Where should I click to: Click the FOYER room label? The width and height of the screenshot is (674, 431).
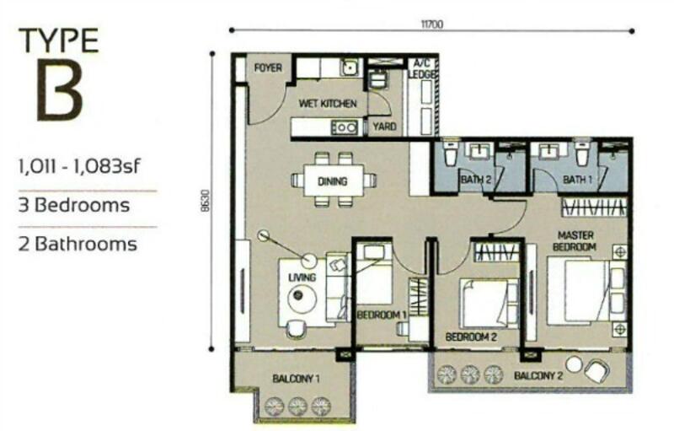pos(268,68)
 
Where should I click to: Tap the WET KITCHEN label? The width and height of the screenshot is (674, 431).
pos(328,104)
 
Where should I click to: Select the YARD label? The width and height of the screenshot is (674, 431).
pos(384,127)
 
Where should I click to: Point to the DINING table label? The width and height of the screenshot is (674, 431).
pos(332,181)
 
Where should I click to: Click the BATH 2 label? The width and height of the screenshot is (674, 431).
pos(475,180)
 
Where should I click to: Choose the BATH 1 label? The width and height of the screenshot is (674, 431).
pos(577,180)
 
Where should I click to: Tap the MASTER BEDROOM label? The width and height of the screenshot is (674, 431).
pos(575,241)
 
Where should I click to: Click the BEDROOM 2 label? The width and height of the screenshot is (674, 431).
pos(471,337)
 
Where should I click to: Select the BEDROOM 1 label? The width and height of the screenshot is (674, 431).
pos(382,315)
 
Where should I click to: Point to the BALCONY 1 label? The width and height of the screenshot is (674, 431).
pos(296,379)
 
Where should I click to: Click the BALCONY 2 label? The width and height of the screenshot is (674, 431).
pos(538,376)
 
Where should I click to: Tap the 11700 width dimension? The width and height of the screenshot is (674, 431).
pos(431,24)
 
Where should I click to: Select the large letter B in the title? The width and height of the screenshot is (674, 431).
pos(59,90)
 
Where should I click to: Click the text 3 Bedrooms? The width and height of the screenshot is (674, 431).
pos(74,205)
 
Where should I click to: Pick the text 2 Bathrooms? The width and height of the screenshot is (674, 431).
pos(78,244)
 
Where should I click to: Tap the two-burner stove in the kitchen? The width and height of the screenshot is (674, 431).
pos(344,127)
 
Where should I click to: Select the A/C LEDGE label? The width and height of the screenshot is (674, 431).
pos(422,69)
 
